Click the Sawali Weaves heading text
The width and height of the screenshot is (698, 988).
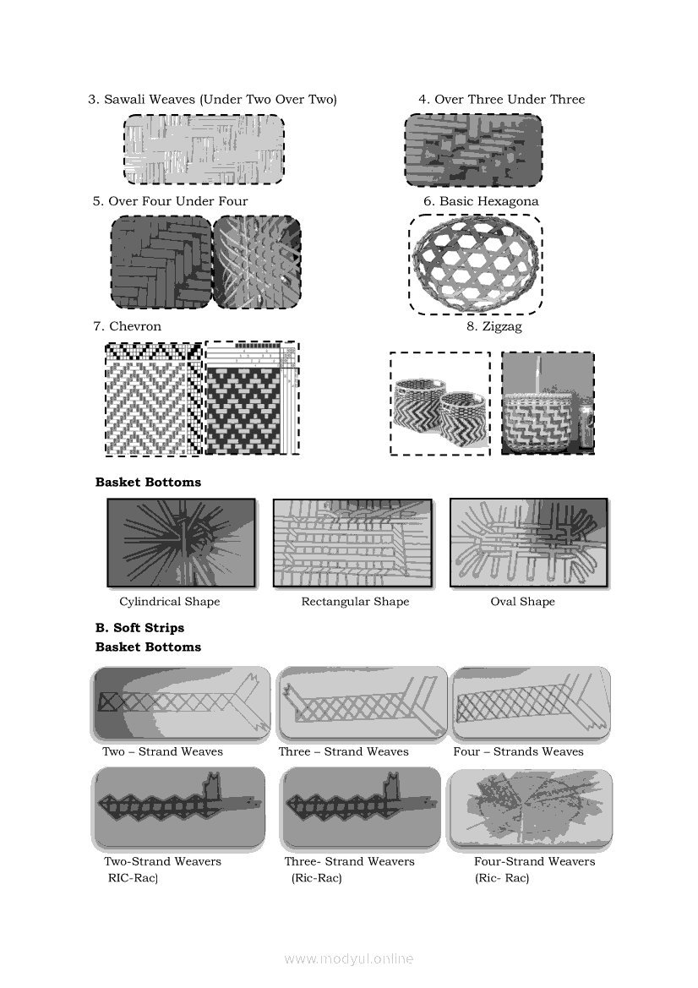[212, 100]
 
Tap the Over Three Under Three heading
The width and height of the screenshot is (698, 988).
[501, 100]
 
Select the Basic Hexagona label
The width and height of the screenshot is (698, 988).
[481, 202]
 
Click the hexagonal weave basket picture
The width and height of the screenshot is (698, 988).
[476, 264]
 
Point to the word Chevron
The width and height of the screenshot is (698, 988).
[135, 326]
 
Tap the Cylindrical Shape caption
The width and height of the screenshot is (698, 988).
[170, 602]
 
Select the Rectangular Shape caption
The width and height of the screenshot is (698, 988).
[355, 602]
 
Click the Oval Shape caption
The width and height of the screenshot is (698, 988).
[523, 602]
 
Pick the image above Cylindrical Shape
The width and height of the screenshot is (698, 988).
[182, 543]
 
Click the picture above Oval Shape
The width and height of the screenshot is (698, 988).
[529, 543]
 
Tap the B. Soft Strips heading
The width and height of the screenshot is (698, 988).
[139, 628]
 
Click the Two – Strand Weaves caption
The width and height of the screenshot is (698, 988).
[162, 751]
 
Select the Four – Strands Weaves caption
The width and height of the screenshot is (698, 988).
[519, 751]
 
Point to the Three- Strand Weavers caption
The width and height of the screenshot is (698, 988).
[350, 861]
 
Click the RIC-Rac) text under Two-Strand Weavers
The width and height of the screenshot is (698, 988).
[133, 878]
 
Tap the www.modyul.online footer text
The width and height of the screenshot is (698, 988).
[349, 959]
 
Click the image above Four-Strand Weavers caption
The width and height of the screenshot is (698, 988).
[529, 810]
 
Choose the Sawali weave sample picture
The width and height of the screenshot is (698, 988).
[204, 150]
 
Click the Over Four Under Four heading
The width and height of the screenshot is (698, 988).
[170, 202]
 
